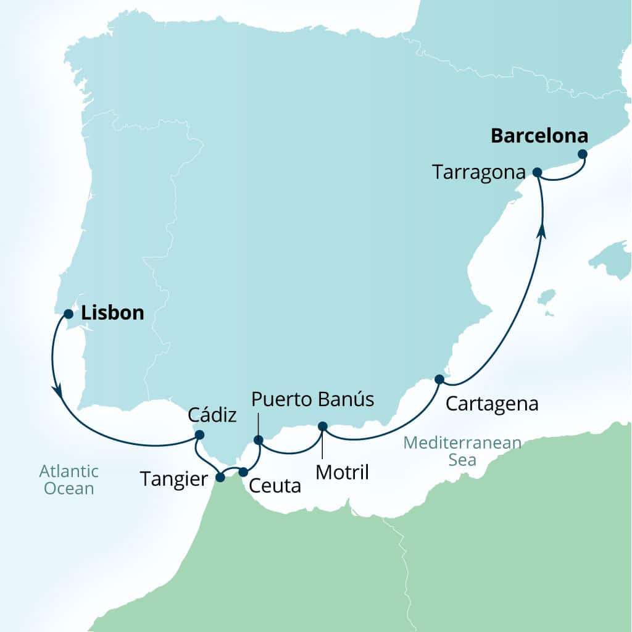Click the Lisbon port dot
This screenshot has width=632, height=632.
point(69,314)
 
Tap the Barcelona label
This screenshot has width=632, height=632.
point(539,136)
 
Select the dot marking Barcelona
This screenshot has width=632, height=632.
point(582,154)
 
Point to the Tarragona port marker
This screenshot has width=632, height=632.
point(537,172)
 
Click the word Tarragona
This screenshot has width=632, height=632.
point(478,172)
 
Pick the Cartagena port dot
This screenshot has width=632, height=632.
point(439,378)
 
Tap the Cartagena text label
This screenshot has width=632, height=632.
point(492,404)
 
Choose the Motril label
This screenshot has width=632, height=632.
point(342,472)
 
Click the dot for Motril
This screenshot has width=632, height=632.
point(322,426)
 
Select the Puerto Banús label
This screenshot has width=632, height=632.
point(312,399)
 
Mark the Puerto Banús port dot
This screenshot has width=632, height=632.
point(259,440)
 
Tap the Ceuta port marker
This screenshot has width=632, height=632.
point(243,472)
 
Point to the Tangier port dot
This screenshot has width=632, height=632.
point(220,476)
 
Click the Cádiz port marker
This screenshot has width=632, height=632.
point(199,434)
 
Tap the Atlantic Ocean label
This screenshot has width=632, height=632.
point(69,480)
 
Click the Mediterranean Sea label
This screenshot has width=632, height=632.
point(462,451)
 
